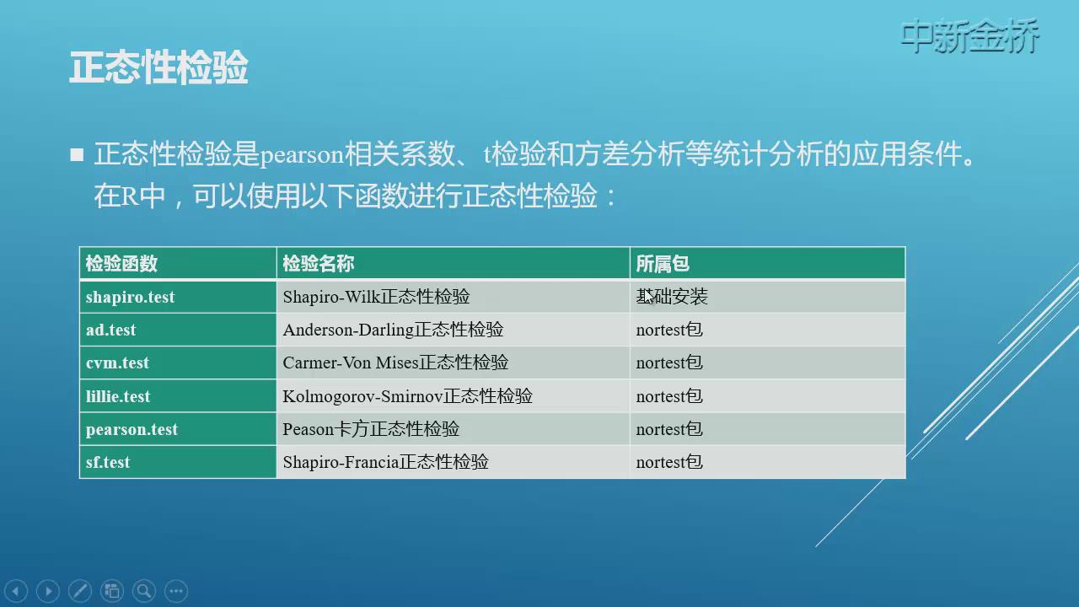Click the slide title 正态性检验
coord(158,67)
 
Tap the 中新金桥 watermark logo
coord(969,35)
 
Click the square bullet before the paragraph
coord(77,154)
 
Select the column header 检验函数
coord(121,264)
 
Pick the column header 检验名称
coord(319,264)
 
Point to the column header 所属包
coord(663,264)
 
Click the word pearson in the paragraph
coord(302,155)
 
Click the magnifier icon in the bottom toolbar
coord(144,591)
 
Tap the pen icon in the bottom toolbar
coord(80,591)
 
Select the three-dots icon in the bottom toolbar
coord(176,591)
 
